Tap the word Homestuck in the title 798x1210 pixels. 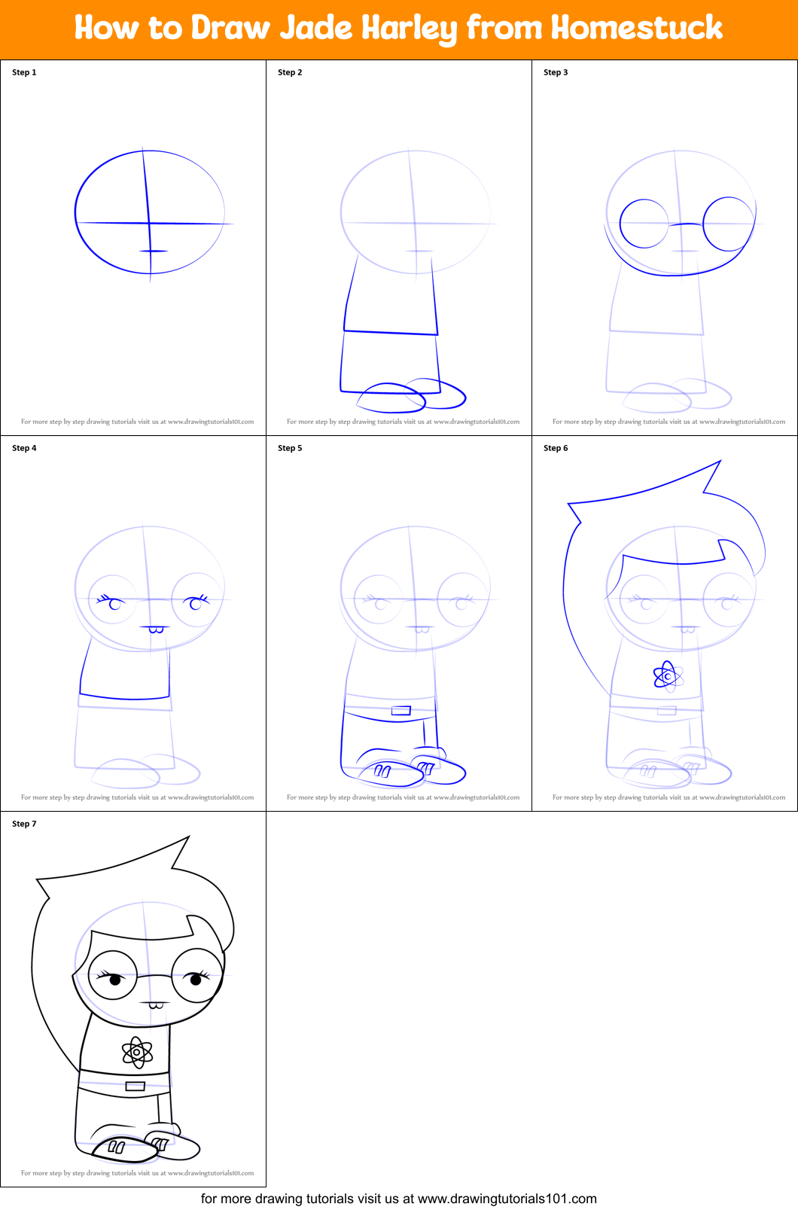tap(636, 29)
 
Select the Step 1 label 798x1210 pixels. tap(24, 72)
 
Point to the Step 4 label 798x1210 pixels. tap(24, 448)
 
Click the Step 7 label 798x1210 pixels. tap(24, 824)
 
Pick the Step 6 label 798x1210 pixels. tap(556, 448)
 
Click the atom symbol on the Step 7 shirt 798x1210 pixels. tap(137, 1052)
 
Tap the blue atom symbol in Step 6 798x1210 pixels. tap(668, 676)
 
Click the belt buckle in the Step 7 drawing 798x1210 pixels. tap(136, 1086)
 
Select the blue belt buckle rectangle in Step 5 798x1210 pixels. tap(401, 710)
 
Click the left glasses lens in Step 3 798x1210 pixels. tap(644, 224)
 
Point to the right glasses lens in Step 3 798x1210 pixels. tap(728, 224)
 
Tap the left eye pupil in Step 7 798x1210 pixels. tap(116, 980)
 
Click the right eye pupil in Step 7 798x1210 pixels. tap(196, 979)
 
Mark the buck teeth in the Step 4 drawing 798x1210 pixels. tap(157, 629)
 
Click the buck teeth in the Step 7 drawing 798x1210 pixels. tap(157, 1005)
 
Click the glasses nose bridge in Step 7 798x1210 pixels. tap(155, 977)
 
